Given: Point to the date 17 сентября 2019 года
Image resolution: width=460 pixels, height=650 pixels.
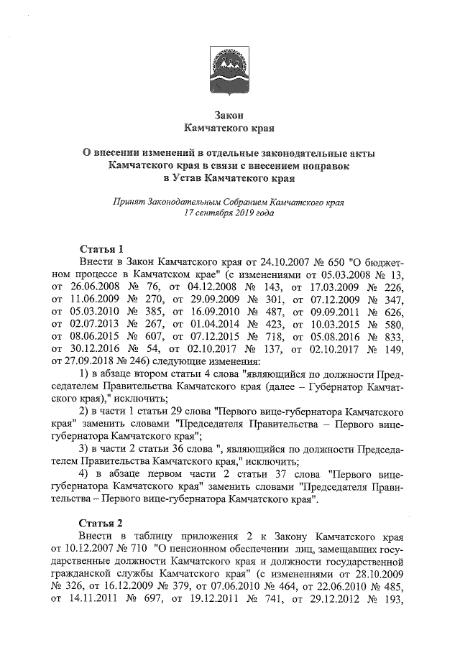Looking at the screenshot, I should point(230,213).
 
